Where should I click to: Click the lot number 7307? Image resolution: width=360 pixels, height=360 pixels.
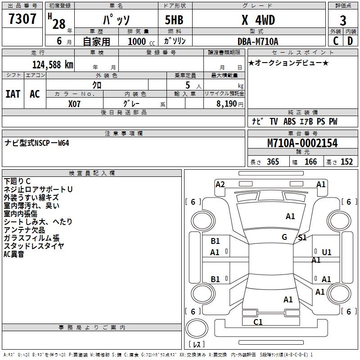22,19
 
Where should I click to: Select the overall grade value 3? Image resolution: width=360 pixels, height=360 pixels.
343,20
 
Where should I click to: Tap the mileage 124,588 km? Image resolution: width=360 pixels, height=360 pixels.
53,64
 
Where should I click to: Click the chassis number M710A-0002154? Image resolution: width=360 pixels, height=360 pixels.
302,143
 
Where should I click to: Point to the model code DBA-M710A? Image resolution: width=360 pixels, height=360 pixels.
258,41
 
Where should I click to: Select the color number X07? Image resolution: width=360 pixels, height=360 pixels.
75,103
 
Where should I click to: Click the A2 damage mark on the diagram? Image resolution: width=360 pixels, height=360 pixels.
220,184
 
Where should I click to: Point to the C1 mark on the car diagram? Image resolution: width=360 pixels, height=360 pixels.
258,322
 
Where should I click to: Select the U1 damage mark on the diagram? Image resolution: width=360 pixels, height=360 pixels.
327,252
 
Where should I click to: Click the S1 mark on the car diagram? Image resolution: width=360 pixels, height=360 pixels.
302,238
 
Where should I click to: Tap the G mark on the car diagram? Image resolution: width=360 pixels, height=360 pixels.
284,237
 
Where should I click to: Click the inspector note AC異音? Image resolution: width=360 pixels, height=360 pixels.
14,254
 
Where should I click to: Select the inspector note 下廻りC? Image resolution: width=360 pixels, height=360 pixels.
17,181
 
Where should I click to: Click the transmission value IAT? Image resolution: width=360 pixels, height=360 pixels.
13,94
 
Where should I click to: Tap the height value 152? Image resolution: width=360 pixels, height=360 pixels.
346,162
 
